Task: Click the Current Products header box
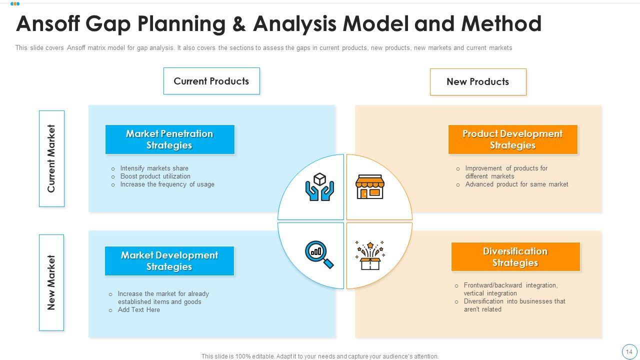(x=211, y=81)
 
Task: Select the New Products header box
(x=478, y=82)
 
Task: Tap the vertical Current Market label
(x=51, y=158)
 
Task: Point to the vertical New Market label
(x=51, y=282)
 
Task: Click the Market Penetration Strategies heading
(x=169, y=139)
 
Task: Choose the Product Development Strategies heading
(x=512, y=139)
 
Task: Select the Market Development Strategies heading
(x=169, y=261)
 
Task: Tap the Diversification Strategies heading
(x=515, y=257)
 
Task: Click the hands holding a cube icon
(x=319, y=187)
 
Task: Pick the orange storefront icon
(x=369, y=187)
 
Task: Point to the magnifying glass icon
(x=319, y=254)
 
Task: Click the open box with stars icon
(x=370, y=255)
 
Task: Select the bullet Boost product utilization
(x=155, y=176)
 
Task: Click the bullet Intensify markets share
(x=154, y=168)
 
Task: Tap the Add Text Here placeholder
(x=138, y=310)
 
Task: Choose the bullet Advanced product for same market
(x=516, y=184)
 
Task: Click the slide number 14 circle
(x=629, y=351)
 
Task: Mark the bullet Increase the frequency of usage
(x=167, y=184)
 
